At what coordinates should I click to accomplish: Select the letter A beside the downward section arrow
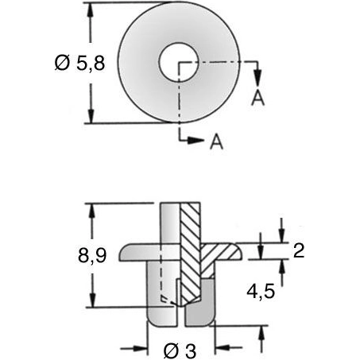coord(257,97)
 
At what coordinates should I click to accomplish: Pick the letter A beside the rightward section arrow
coord(215,142)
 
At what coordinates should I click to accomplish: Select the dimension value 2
coord(299,251)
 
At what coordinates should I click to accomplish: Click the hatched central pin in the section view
coord(191,254)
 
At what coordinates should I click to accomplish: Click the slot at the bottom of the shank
coord(179,316)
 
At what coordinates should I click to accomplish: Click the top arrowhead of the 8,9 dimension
coord(93,208)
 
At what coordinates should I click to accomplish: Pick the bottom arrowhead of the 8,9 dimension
coord(93,304)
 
